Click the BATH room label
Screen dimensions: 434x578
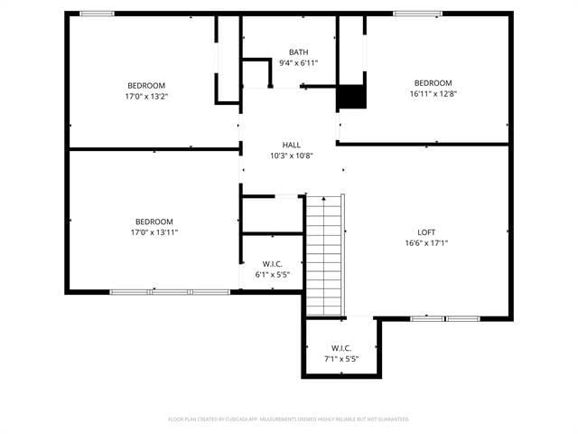(x=298, y=52)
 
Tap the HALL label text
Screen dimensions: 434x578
(x=291, y=145)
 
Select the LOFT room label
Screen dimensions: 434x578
(x=427, y=231)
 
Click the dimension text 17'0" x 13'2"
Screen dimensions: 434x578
(x=147, y=96)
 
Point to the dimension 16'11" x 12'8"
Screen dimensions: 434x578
(x=433, y=93)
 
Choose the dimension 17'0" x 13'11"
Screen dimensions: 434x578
(x=154, y=232)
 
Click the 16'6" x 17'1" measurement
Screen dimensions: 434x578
(x=427, y=242)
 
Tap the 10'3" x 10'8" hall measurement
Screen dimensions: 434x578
(x=291, y=156)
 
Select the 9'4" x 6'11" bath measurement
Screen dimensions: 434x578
(x=298, y=62)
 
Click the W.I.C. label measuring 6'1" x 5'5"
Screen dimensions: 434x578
(x=272, y=263)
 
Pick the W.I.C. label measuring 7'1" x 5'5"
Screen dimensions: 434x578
(x=341, y=347)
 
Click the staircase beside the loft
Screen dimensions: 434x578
(x=325, y=255)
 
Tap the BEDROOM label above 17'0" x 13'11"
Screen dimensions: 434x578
(x=154, y=222)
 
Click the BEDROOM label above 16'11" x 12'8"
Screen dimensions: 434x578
(x=433, y=82)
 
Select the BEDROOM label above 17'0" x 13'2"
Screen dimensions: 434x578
(x=147, y=85)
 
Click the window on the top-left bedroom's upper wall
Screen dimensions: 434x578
(x=97, y=14)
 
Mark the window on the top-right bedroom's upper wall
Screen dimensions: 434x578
(x=417, y=14)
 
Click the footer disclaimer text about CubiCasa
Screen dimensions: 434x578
(x=289, y=420)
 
